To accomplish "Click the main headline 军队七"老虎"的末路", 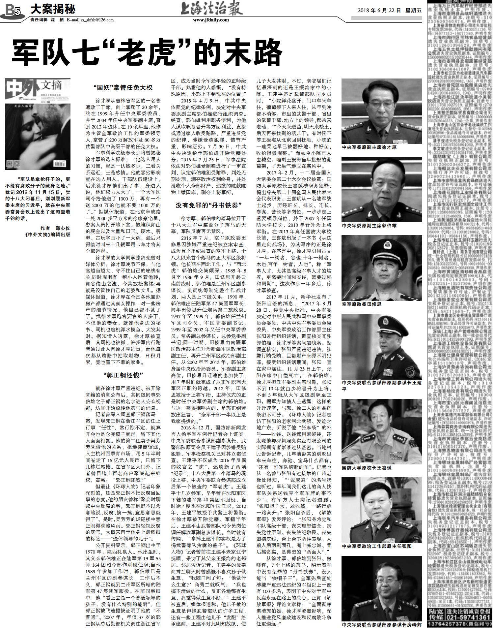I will (x=147, y=52).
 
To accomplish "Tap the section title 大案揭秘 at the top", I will (x=53, y=9).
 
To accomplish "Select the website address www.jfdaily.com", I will (x=211, y=20).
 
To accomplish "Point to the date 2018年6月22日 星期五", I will (x=390, y=10).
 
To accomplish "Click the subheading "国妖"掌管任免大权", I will (x=123, y=88).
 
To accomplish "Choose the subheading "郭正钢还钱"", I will (x=123, y=375).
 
